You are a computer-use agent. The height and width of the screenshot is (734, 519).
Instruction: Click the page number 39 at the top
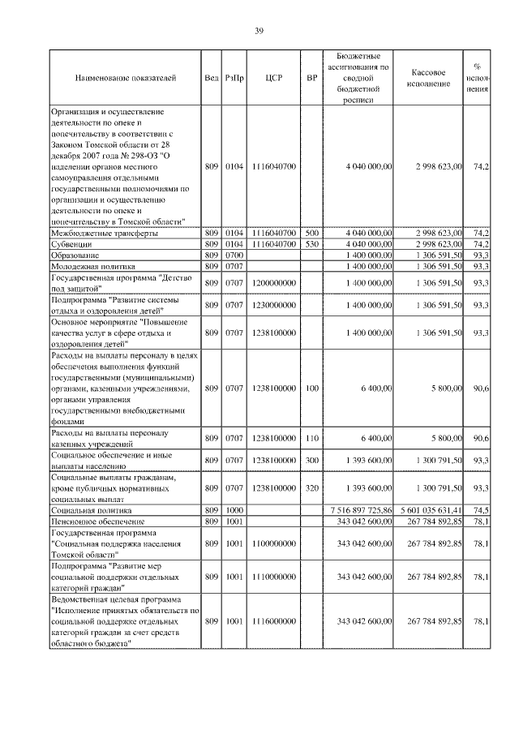coord(259,31)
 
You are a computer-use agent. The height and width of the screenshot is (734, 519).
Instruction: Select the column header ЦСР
coord(273,78)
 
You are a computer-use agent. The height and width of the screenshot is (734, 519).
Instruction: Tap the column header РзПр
coord(234,78)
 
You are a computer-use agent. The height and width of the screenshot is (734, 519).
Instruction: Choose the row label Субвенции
coord(71,243)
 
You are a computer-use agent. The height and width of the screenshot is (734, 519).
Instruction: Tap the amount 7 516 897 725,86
coord(358,509)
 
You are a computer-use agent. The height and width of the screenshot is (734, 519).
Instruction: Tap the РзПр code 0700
coord(234,255)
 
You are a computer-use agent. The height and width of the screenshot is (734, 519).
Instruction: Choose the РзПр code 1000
coord(234,509)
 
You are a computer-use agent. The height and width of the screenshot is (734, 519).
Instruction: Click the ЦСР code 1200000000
coord(273,281)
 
